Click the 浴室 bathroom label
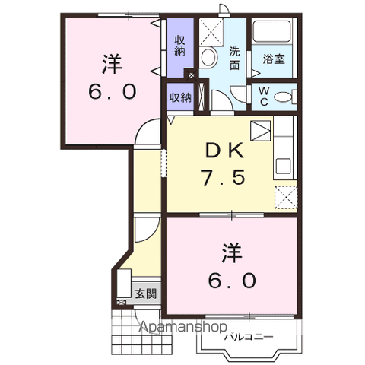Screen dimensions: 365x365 (x=274, y=59)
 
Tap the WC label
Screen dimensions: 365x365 (x=264, y=97)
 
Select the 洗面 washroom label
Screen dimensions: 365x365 (x=234, y=59)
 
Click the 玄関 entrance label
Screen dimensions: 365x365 (x=145, y=294)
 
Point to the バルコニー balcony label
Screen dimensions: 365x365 (x=249, y=337)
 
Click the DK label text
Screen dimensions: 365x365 (x=224, y=151)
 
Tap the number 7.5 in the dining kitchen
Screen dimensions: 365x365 (x=223, y=176)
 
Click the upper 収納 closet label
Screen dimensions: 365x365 (x=179, y=46)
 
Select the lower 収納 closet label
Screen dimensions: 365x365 (x=180, y=97)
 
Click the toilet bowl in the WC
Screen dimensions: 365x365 (x=284, y=97)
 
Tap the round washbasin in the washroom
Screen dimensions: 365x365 (x=209, y=57)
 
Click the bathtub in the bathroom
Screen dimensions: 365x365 (x=272, y=31)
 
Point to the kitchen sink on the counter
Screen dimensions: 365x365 (x=284, y=167)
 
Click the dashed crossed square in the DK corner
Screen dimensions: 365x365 (x=286, y=198)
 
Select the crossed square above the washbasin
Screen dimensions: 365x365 (x=211, y=32)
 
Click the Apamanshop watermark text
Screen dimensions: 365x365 (x=183, y=327)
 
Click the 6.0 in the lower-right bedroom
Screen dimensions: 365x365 (x=232, y=281)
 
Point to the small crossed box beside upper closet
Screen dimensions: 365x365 (x=191, y=75)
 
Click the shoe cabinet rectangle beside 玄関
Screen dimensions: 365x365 (x=124, y=284)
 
